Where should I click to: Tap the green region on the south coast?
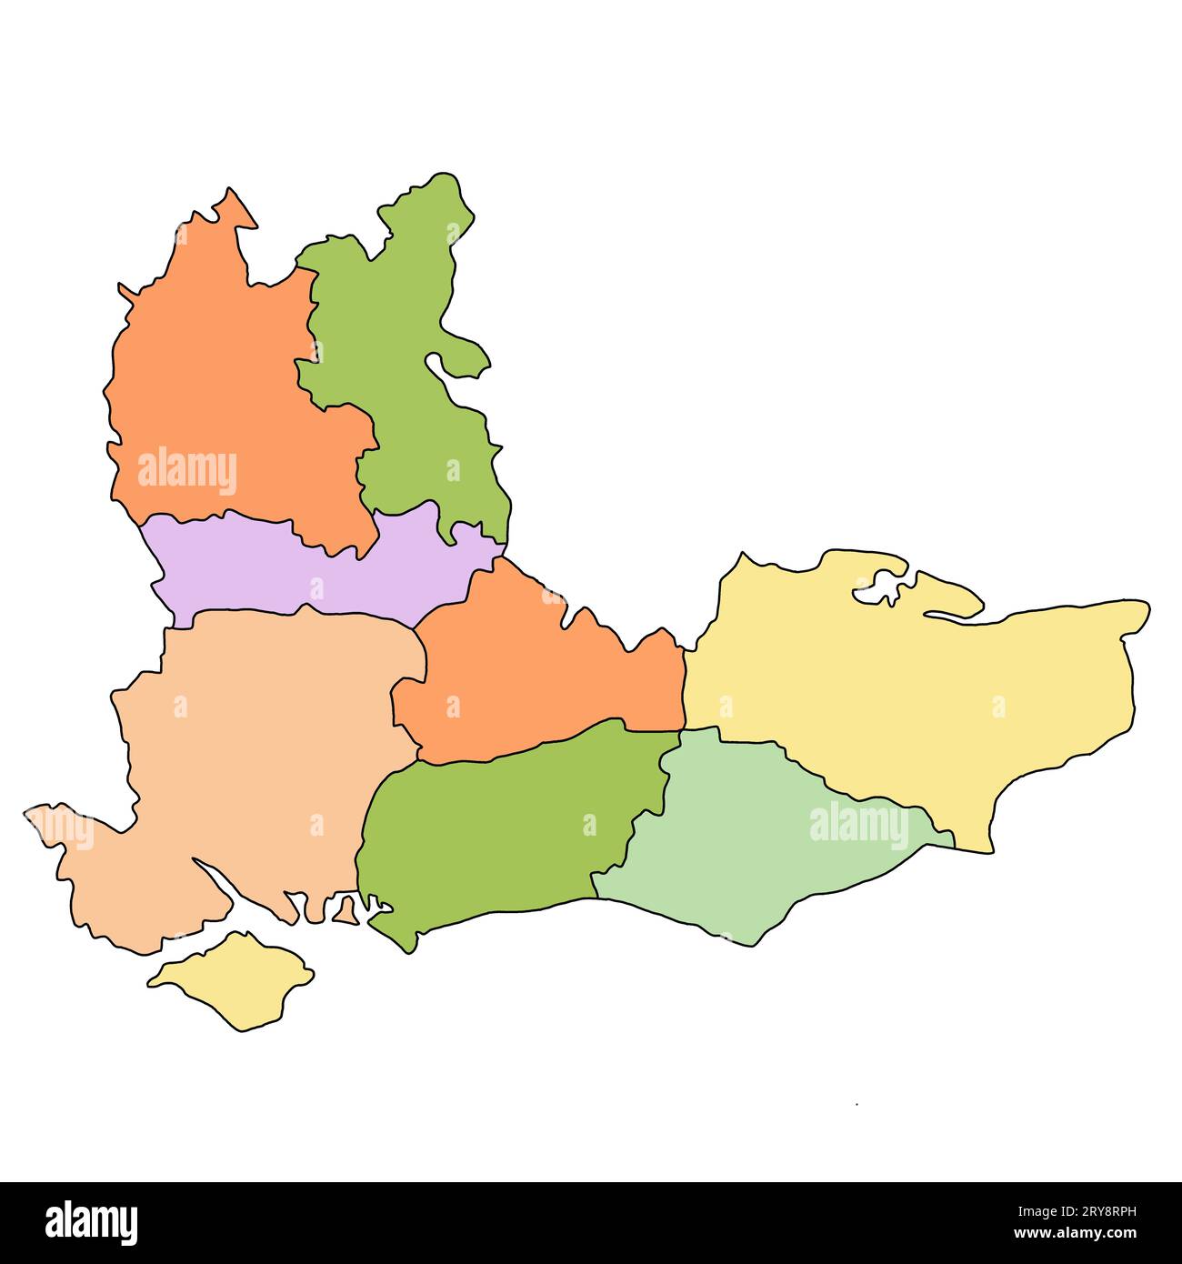point(491,837)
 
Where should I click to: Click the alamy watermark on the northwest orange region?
point(187,471)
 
